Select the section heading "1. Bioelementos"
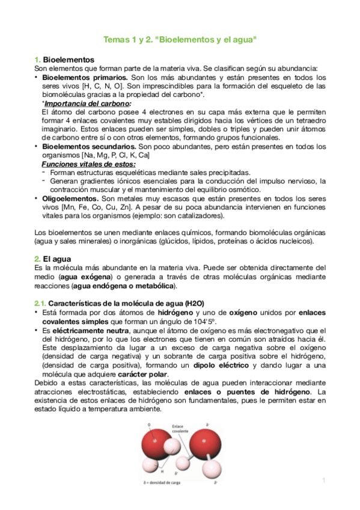64,60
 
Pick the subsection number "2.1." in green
39,302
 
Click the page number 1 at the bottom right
323,480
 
